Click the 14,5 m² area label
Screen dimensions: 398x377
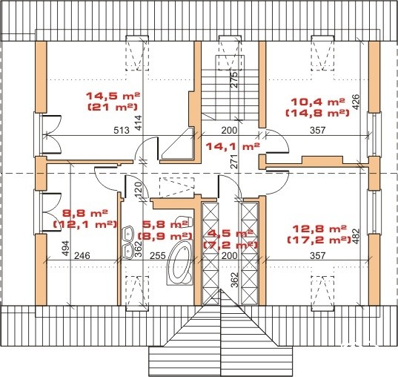click(113, 96)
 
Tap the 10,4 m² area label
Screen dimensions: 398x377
click(318, 102)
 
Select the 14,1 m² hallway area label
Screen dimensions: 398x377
click(233, 146)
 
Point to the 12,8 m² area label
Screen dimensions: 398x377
click(319, 229)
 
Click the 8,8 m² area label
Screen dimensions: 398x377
click(85, 213)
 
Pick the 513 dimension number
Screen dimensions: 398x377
click(122, 130)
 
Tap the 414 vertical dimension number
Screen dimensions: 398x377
click(139, 123)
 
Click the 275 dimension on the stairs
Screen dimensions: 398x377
click(234, 80)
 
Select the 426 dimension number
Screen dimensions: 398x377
click(356, 102)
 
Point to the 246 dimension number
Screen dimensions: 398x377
click(82, 255)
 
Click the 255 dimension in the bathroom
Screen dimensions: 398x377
click(158, 255)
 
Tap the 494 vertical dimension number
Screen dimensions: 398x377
click(65, 249)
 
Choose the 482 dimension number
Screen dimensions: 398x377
click(356, 237)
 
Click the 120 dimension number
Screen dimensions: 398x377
click(139, 189)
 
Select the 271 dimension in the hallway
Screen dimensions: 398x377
click(234, 162)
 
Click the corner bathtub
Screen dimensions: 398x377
click(179, 263)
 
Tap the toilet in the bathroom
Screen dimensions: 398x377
click(185, 222)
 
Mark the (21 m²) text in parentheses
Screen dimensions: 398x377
click(113, 107)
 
